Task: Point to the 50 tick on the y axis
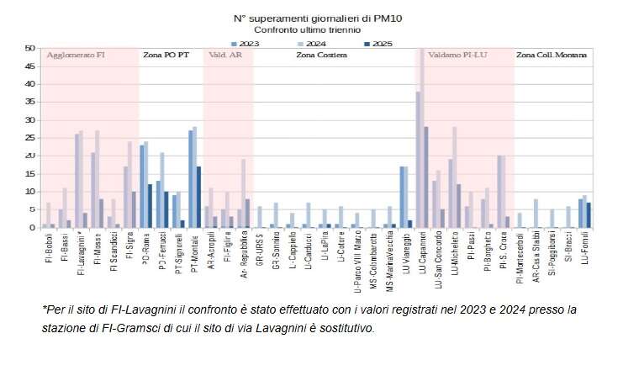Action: pos(31,49)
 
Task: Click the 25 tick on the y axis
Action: pos(31,138)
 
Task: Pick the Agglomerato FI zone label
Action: pos(75,56)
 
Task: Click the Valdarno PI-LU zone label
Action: pos(457,56)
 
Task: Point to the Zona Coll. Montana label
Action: pos(552,56)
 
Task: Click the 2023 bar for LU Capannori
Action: pos(418,160)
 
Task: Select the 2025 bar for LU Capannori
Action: pos(426,177)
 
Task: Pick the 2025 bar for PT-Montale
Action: pos(198,198)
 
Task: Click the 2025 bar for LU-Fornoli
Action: pos(589,215)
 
